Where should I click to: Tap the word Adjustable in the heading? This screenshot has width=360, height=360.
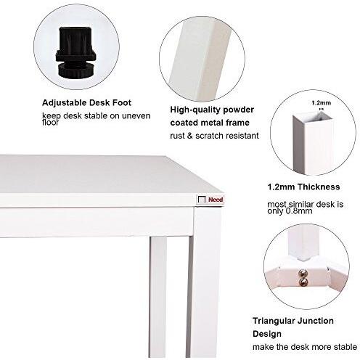click(x=62, y=102)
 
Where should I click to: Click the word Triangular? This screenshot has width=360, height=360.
click(x=274, y=320)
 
